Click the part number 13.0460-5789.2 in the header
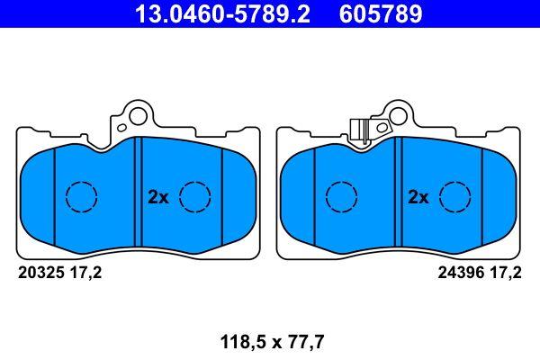click(223, 13)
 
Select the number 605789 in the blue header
click(381, 13)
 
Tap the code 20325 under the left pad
click(41, 273)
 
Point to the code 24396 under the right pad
click(461, 273)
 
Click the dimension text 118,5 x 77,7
click(272, 342)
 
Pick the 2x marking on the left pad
click(158, 197)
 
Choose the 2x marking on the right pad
click(418, 197)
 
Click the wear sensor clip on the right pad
click(358, 130)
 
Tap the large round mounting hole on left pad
click(139, 116)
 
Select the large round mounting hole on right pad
click(399, 116)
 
